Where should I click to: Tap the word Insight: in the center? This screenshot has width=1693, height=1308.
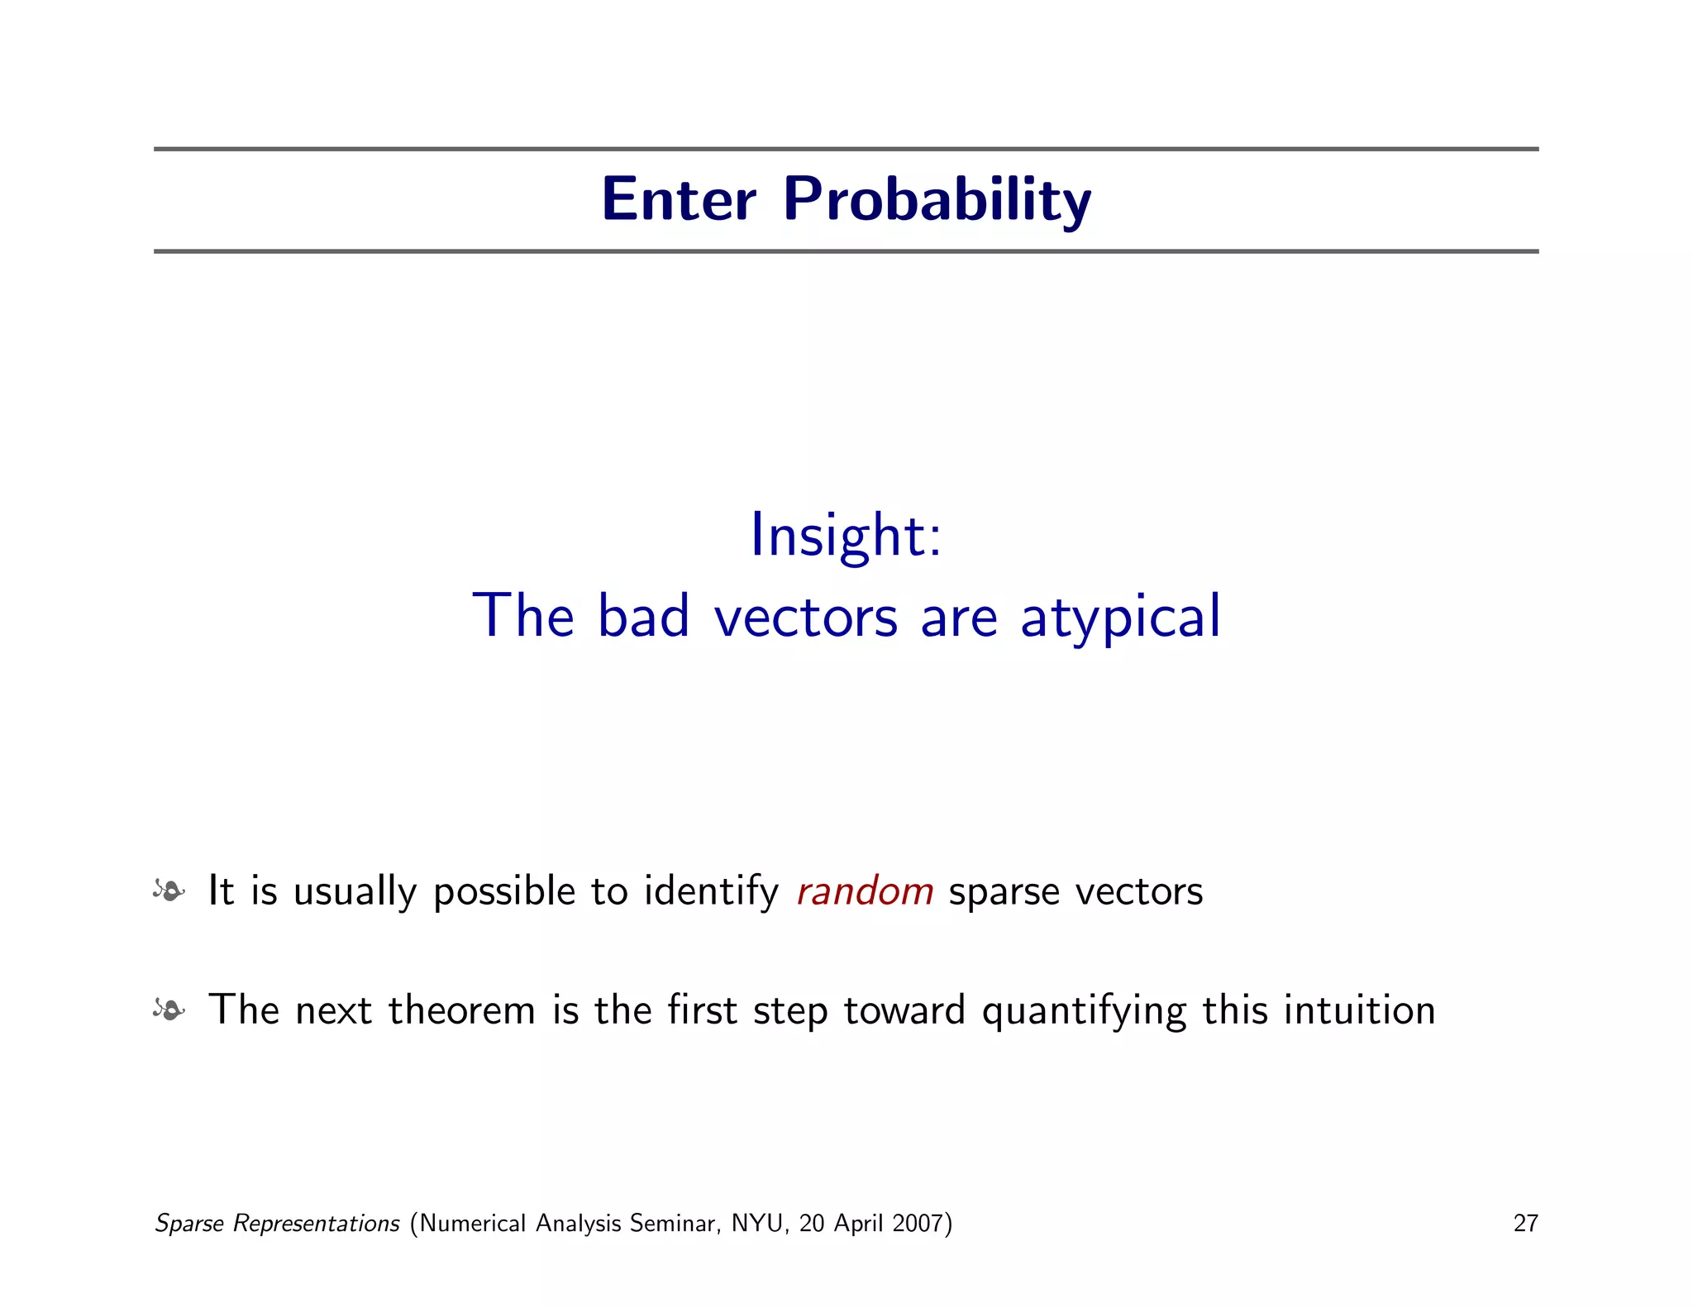[x=845, y=536]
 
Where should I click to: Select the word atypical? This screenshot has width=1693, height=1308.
[x=1120, y=616]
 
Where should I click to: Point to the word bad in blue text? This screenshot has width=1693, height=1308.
[x=643, y=616]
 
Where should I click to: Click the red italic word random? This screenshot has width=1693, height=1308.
[x=865, y=891]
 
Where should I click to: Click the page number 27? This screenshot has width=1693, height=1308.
[x=1525, y=1223]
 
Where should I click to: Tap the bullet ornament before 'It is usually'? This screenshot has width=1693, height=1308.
[x=169, y=890]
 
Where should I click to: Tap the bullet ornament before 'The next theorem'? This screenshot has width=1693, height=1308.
[x=169, y=1010]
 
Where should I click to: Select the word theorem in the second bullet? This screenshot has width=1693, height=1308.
[x=461, y=1010]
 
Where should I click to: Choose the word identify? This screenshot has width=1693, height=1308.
[x=711, y=891]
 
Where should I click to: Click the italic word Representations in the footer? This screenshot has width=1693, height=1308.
[x=316, y=1223]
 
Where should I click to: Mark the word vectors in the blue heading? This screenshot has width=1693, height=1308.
[x=805, y=616]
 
